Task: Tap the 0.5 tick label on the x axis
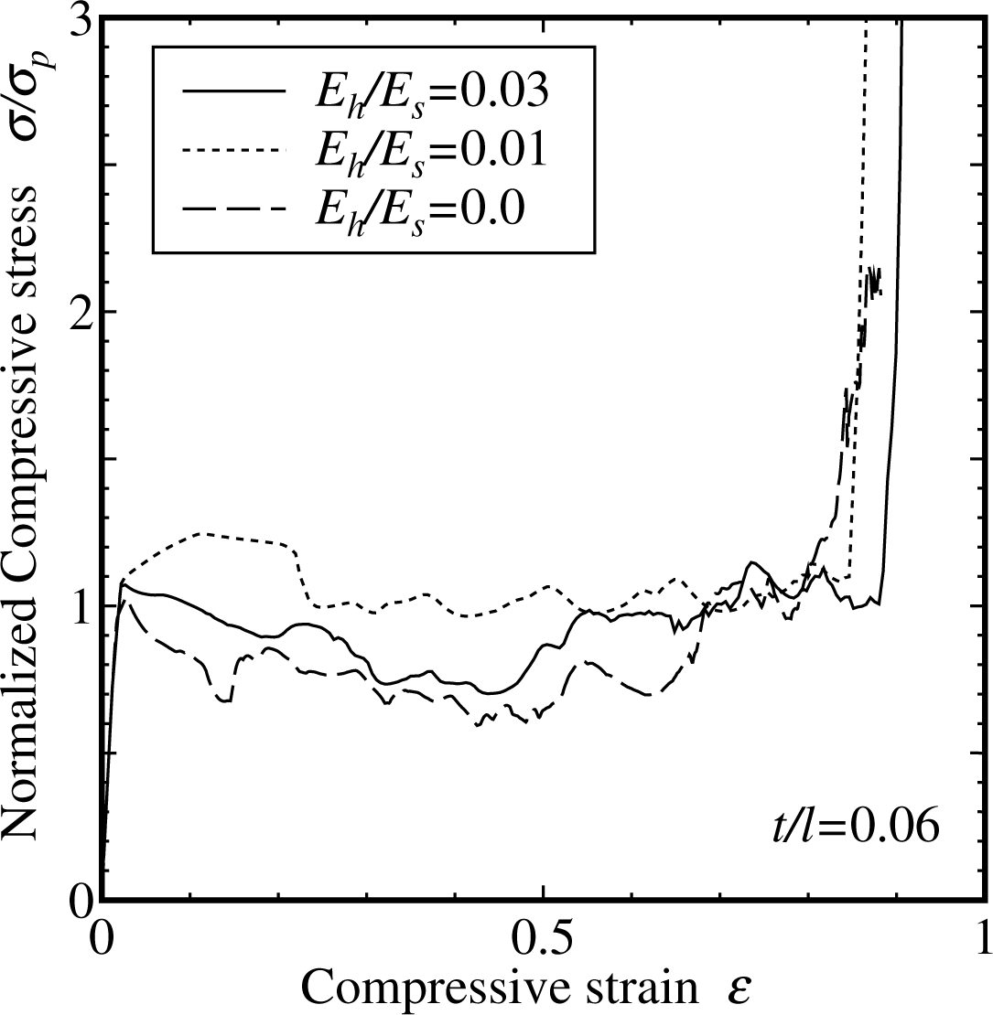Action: click(543, 939)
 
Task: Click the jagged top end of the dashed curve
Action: click(874, 279)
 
